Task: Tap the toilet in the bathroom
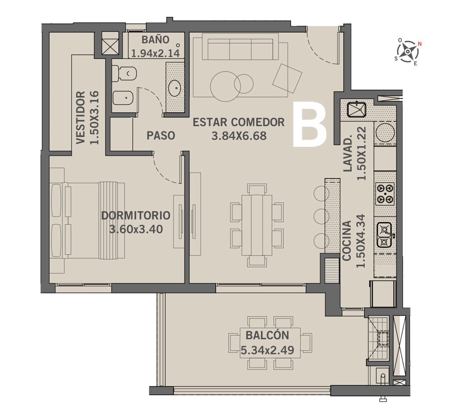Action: pyautogui.click(x=124, y=73)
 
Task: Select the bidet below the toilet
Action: pyautogui.click(x=123, y=97)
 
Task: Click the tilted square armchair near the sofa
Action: pyautogui.click(x=287, y=78)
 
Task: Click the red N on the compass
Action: pyautogui.click(x=420, y=44)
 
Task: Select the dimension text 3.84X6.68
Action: pyautogui.click(x=239, y=136)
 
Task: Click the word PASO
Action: pyautogui.click(x=161, y=135)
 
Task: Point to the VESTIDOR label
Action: pyautogui.click(x=80, y=118)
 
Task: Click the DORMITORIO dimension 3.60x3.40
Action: pyautogui.click(x=136, y=229)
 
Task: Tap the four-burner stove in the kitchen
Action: pyautogui.click(x=385, y=194)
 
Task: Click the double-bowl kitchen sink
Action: pyautogui.click(x=385, y=234)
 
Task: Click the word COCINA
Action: pyautogui.click(x=346, y=241)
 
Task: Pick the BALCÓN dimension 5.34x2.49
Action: pyautogui.click(x=267, y=350)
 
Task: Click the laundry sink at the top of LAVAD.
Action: pyautogui.click(x=357, y=110)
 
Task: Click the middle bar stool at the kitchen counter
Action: pyautogui.click(x=320, y=215)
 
